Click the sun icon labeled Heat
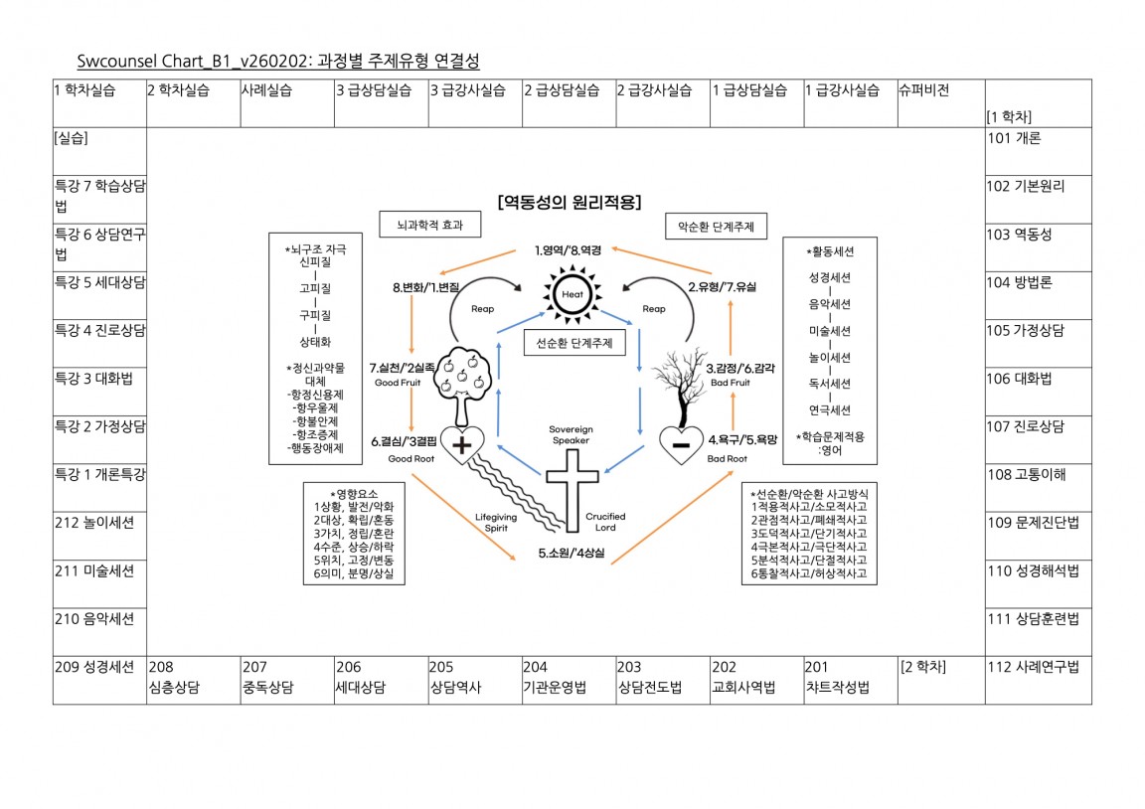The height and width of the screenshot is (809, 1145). coord(572,295)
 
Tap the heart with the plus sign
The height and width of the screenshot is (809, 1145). coord(461,445)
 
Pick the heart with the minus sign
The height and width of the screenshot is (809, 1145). coord(682,445)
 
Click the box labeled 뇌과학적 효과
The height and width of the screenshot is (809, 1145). coord(429,226)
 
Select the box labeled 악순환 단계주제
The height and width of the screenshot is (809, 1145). coord(716,227)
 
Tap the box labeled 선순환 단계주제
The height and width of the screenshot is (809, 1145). coord(572,343)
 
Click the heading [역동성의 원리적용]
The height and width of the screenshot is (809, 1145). coord(569,201)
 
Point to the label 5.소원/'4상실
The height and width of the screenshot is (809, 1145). coord(572,553)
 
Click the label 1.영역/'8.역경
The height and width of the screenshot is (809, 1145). coord(572,249)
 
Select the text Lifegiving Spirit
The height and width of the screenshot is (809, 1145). coord(496,523)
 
